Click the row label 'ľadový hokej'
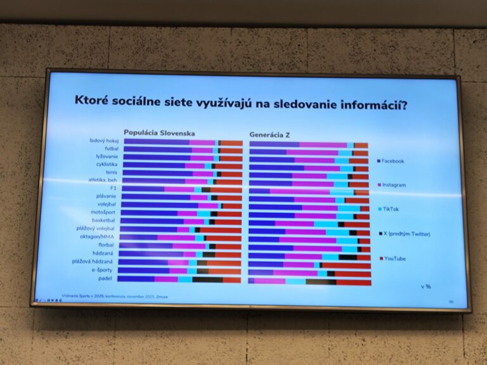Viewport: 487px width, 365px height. pos(103,141)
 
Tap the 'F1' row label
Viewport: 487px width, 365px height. pos(112,188)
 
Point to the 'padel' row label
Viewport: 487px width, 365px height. pos(106,278)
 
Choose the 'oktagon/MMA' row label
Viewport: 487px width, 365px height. pos(97,237)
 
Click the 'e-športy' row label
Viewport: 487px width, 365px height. pos(101,269)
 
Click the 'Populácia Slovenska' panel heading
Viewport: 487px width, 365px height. pos(159,133)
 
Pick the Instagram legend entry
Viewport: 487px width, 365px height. pos(393,185)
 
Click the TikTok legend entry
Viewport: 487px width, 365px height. pos(391,208)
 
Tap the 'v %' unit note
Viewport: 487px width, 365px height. pos(425,286)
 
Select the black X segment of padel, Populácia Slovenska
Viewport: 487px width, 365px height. pos(207,279)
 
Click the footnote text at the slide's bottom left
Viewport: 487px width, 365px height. pos(101,296)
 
